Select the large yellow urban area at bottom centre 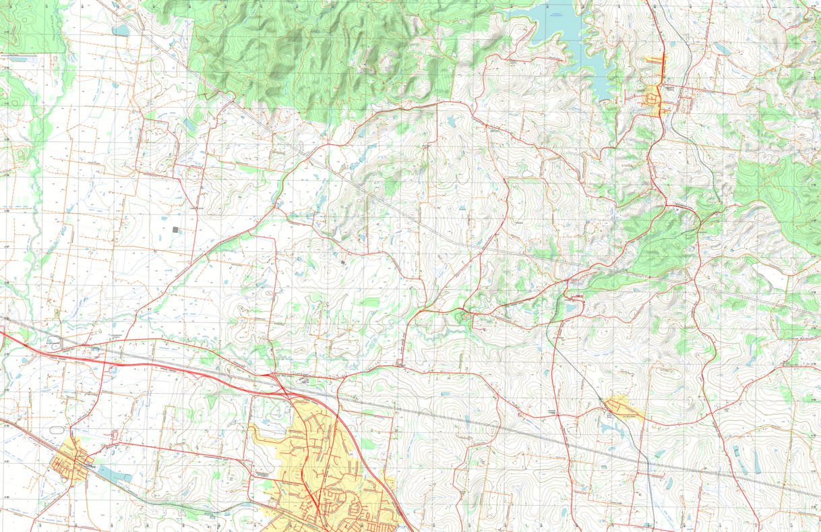pos(324,465)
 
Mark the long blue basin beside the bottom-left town pos(115,474)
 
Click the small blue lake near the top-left pos(121,30)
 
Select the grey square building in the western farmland pos(177,230)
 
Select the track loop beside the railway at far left pos(54,341)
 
